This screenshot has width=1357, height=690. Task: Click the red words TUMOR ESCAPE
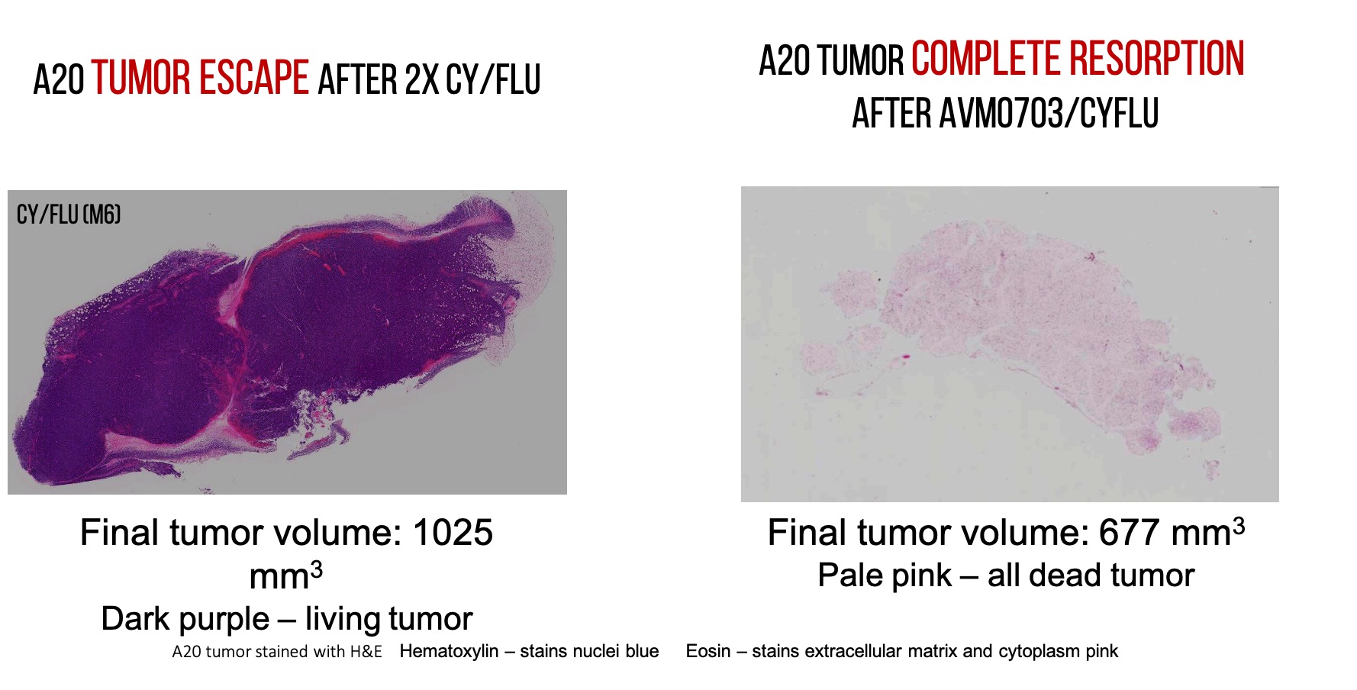coord(201,78)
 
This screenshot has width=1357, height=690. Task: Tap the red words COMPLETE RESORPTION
coord(1078,59)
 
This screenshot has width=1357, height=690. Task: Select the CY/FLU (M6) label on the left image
coord(69,214)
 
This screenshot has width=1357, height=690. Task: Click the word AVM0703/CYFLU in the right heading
coord(1049,113)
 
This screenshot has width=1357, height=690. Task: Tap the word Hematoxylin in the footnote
coord(449,651)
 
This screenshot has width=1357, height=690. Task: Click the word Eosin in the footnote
coord(708,651)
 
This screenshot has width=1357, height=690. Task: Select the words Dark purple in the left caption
coord(185,618)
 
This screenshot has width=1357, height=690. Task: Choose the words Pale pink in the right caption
coord(885,575)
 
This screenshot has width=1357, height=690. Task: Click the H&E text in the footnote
coord(364,651)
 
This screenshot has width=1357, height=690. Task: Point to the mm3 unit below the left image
coord(286,575)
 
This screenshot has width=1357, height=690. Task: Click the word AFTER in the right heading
coord(891,113)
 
